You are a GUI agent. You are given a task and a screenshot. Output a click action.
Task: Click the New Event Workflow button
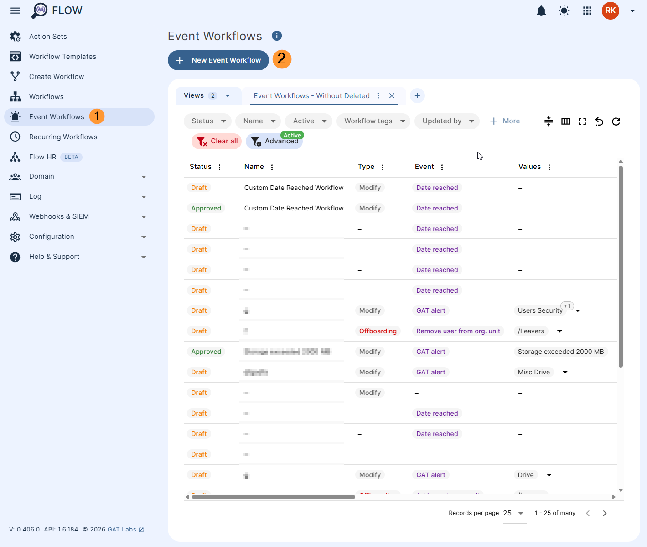click(x=218, y=60)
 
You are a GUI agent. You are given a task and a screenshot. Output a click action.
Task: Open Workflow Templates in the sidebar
click(x=62, y=57)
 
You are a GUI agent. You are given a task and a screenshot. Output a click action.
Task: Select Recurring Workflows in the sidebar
click(x=63, y=137)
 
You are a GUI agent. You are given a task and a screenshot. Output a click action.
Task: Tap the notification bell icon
click(x=541, y=11)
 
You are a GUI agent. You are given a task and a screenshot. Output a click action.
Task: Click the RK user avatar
click(x=610, y=11)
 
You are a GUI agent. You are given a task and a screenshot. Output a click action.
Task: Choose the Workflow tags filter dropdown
click(x=373, y=121)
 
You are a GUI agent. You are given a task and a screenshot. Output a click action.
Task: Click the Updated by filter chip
click(x=447, y=121)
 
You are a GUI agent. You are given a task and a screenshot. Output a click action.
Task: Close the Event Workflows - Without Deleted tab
click(x=392, y=96)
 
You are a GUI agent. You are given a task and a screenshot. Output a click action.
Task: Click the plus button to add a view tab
click(x=417, y=96)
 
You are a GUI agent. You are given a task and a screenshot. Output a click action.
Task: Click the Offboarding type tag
click(x=378, y=331)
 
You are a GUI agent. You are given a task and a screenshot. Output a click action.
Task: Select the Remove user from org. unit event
click(x=458, y=331)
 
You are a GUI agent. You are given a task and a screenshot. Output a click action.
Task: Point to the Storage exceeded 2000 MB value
click(x=560, y=352)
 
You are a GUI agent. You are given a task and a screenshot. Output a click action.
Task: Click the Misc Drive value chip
click(x=533, y=372)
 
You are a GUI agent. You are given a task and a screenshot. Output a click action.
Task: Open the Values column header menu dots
click(x=549, y=167)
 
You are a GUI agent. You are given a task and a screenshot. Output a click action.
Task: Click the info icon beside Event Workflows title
click(x=277, y=36)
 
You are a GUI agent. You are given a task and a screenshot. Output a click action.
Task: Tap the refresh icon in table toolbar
click(x=616, y=121)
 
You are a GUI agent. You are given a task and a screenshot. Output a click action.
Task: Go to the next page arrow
click(x=605, y=513)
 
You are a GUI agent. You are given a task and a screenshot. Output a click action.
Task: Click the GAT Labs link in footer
click(x=122, y=530)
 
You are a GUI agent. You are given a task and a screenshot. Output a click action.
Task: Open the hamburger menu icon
click(x=15, y=11)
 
